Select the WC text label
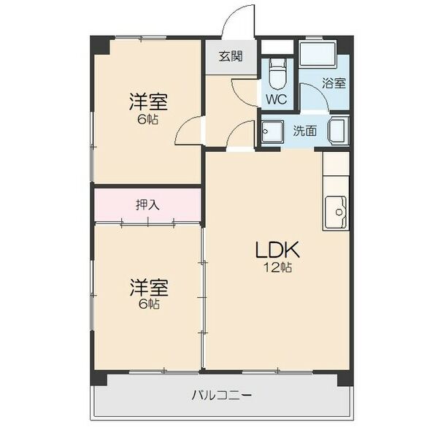coord(276,99)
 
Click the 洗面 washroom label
coord(305,131)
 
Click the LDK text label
coord(277,250)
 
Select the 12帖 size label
coord(278,269)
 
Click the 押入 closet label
coord(147,205)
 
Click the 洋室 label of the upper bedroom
coord(148,101)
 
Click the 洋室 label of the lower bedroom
coord(148,287)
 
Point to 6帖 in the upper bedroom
coord(148,119)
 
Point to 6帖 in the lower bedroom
coord(148,304)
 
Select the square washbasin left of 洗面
coord(274,131)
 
